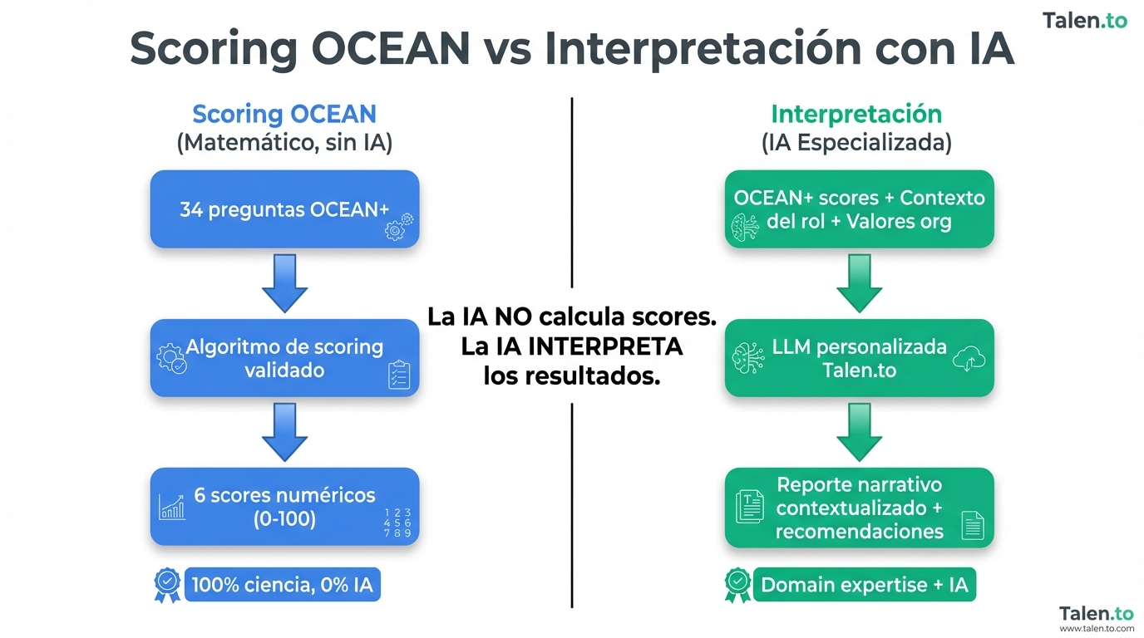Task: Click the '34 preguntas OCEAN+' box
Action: pyautogui.click(x=284, y=209)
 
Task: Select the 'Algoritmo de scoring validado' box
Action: pyautogui.click(x=284, y=358)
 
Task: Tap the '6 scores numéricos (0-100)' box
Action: pyautogui.click(x=284, y=507)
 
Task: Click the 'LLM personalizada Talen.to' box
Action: pyautogui.click(x=859, y=358)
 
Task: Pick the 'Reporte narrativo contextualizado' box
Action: pyautogui.click(x=859, y=508)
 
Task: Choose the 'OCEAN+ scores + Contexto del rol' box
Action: pyautogui.click(x=859, y=209)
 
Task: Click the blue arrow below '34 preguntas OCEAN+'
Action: pyautogui.click(x=284, y=283)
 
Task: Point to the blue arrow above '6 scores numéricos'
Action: pyautogui.click(x=284, y=432)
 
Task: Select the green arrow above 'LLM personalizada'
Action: pyautogui.click(x=859, y=283)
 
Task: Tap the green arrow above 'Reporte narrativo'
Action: pyautogui.click(x=859, y=432)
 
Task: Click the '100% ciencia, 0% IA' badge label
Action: pyautogui.click(x=283, y=585)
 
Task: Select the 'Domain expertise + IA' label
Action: pyautogui.click(x=865, y=585)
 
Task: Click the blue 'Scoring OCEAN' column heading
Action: pyautogui.click(x=284, y=114)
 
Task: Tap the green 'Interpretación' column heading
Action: pyautogui.click(x=856, y=114)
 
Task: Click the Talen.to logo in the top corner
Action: pyautogui.click(x=1085, y=21)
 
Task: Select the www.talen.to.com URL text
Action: pyautogui.click(x=1097, y=629)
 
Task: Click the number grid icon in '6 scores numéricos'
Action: pyautogui.click(x=397, y=523)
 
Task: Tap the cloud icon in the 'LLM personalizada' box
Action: pyautogui.click(x=971, y=359)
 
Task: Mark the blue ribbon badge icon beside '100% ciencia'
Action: pyautogui.click(x=167, y=584)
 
